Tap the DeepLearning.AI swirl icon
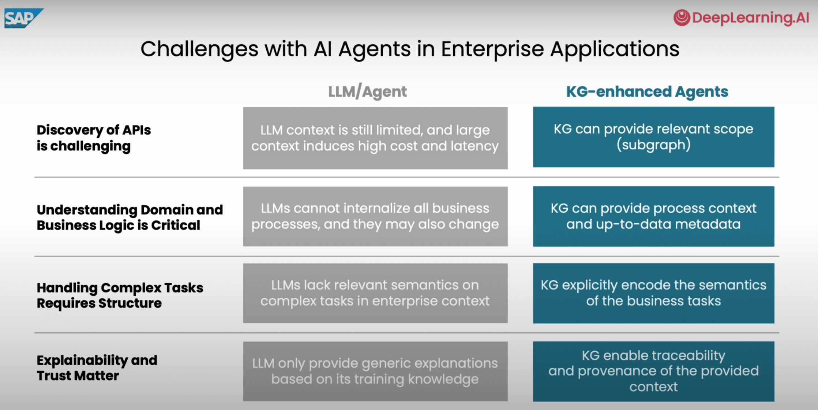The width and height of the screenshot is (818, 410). click(x=682, y=17)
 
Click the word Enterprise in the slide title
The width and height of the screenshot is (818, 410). click(x=492, y=49)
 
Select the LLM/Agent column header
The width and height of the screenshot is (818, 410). click(x=367, y=92)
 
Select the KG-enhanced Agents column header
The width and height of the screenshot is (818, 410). click(x=647, y=92)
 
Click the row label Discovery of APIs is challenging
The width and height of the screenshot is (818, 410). click(x=93, y=138)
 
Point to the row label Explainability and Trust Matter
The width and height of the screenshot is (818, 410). click(x=97, y=368)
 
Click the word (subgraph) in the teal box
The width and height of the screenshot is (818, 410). click(x=653, y=145)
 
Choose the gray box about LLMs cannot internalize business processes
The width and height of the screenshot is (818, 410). click(x=375, y=216)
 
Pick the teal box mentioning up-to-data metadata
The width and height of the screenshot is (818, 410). click(x=653, y=216)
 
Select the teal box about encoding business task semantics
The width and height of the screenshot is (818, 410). click(x=653, y=293)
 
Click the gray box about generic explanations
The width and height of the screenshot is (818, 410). click(x=375, y=371)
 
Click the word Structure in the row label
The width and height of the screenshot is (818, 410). click(x=130, y=303)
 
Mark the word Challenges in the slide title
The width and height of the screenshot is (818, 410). click(x=199, y=49)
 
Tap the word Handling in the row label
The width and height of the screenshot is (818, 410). click(x=67, y=288)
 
